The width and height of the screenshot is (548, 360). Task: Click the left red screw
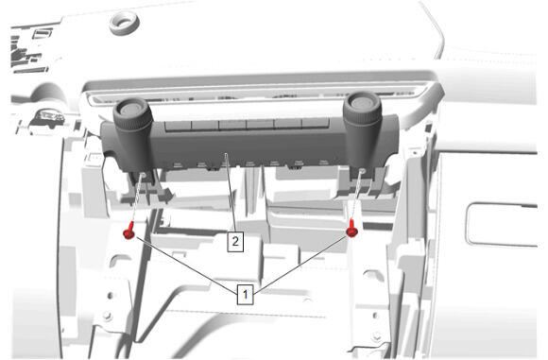click(x=129, y=231)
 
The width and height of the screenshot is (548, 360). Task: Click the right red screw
click(x=351, y=229)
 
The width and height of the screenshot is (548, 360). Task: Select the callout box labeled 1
click(x=245, y=294)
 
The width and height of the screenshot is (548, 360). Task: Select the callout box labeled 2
click(x=235, y=241)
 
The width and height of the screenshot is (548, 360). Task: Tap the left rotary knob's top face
click(x=131, y=109)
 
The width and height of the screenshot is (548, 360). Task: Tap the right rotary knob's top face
click(x=361, y=102)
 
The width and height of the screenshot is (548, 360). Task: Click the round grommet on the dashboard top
click(x=124, y=22)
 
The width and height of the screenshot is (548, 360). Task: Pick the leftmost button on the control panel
click(x=178, y=126)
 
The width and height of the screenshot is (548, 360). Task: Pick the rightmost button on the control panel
click(x=316, y=124)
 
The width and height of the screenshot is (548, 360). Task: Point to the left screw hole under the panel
click(x=143, y=175)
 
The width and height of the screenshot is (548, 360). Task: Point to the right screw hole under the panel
click(x=363, y=171)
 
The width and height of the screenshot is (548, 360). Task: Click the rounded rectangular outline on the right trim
click(x=504, y=224)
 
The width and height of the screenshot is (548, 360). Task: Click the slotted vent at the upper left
click(x=43, y=34)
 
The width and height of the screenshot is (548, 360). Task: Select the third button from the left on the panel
click(x=232, y=125)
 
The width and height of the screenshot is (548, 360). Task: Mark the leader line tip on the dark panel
click(x=226, y=153)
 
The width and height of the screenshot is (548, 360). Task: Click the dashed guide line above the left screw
click(x=137, y=198)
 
